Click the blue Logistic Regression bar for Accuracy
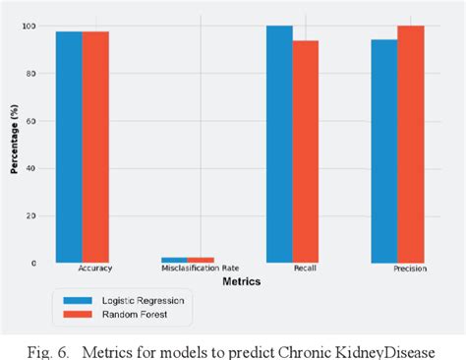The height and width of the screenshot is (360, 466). coord(69,148)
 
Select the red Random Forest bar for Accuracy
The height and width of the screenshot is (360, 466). coord(95,148)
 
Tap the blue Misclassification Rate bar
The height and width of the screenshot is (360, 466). coord(174,260)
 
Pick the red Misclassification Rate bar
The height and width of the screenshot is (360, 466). coord(201,260)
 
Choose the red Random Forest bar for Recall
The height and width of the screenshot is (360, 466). coord(306,151)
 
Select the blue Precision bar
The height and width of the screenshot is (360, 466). coord(384,151)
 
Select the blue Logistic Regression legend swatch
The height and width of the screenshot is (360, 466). coord(75,299)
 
